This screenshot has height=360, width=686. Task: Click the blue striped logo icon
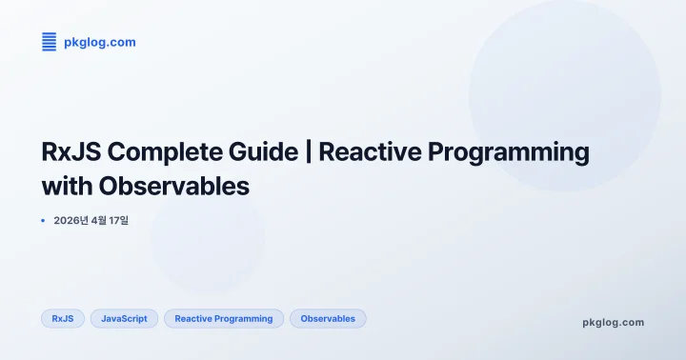49,42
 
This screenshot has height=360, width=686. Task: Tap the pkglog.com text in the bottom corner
613,322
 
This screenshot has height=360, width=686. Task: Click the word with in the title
68,186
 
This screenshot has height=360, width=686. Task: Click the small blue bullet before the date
43,221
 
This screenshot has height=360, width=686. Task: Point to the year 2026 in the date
68,221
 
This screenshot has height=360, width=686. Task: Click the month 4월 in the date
100,221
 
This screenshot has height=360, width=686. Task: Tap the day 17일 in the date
127,221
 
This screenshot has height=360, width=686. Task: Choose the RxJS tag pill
63,319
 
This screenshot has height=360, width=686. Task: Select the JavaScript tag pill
124,319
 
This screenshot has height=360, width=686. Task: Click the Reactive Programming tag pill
223,319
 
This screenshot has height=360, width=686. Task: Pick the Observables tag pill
328,319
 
